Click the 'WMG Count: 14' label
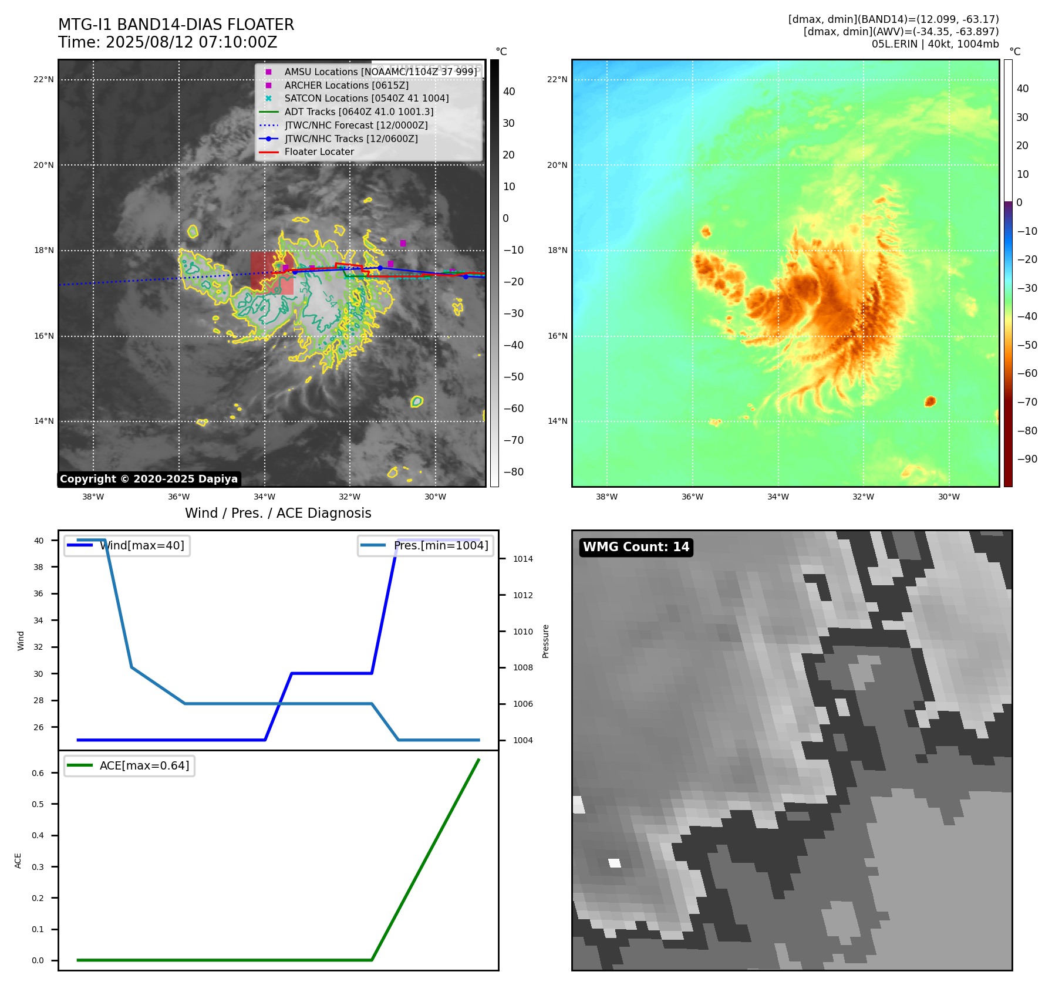click(x=636, y=547)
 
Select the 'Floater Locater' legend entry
click(x=319, y=152)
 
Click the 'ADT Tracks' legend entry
click(x=359, y=112)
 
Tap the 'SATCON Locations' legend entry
click(x=366, y=99)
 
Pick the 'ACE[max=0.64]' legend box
click(x=129, y=765)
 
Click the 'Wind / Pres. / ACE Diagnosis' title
click(x=278, y=513)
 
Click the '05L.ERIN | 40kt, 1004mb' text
click(x=935, y=44)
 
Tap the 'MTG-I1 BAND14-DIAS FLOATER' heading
click(x=176, y=25)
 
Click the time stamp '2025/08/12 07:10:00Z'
click(x=191, y=42)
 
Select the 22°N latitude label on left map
click(x=43, y=80)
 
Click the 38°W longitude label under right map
click(x=606, y=497)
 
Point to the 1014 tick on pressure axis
click(x=522, y=559)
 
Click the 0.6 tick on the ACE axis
click(x=38, y=773)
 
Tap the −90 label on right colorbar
click(x=1027, y=459)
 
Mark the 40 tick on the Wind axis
click(x=39, y=541)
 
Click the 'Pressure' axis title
click(x=545, y=641)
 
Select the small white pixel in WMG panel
click(x=615, y=863)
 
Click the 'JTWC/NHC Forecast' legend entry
click(x=356, y=125)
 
